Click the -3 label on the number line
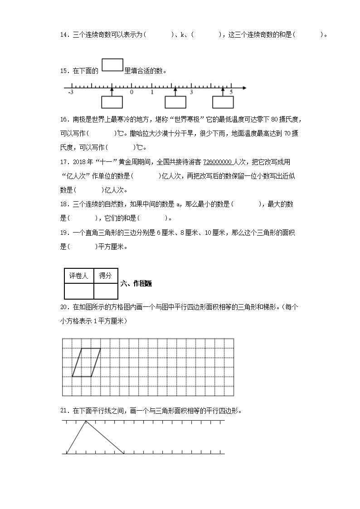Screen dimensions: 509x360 click(70, 92)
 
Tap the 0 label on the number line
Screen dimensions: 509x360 click(131, 92)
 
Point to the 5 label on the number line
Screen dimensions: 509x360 click(231, 92)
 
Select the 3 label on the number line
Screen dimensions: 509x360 click(191, 92)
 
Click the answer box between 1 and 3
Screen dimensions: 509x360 click(175, 102)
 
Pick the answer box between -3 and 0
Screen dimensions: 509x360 click(112, 102)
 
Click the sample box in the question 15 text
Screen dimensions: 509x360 click(112, 65)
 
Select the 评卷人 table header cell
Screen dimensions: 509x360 click(79, 276)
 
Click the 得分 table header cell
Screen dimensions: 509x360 click(106, 276)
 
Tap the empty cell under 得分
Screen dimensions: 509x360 click(106, 291)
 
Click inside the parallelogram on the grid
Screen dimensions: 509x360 click(86, 362)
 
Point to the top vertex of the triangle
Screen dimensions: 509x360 click(86, 421)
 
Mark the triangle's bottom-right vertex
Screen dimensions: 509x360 click(124, 453)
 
